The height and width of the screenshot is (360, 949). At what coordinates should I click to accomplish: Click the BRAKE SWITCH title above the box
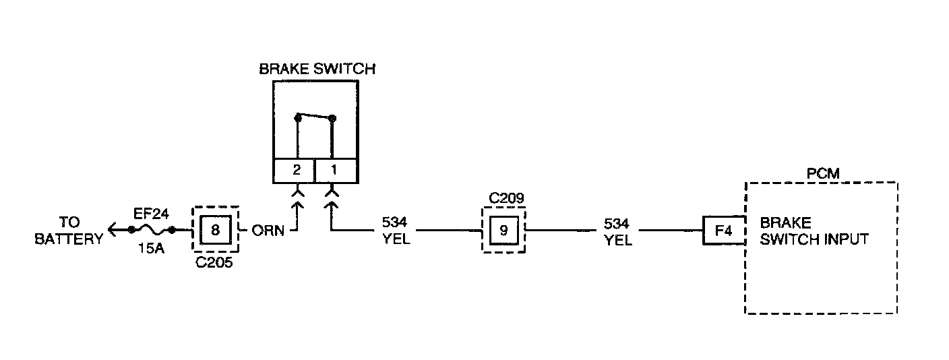(317, 69)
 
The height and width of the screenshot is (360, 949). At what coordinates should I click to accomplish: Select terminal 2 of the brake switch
(297, 171)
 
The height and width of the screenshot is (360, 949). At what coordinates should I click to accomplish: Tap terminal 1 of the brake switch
(333, 171)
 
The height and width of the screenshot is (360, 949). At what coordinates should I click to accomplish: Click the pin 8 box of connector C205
(216, 230)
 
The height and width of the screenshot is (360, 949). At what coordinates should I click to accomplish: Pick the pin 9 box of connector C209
(503, 230)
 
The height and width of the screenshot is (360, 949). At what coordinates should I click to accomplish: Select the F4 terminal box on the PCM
(723, 230)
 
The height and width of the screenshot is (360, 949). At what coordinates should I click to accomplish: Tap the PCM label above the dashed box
(823, 174)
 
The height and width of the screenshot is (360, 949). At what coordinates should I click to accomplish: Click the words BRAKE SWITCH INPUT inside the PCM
(814, 231)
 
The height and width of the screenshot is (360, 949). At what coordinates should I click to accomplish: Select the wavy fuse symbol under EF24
(151, 230)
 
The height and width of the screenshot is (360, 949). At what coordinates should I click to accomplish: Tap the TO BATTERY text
(69, 230)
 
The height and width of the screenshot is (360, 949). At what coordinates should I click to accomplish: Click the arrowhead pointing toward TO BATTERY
(112, 230)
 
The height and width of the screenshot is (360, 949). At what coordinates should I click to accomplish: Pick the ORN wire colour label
(268, 231)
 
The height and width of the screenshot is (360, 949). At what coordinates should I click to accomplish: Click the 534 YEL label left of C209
(396, 231)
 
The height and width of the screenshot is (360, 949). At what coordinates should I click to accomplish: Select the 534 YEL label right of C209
(618, 231)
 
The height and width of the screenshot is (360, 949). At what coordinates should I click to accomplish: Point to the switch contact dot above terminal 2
(297, 118)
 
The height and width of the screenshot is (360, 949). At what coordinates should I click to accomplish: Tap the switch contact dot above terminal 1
(332, 119)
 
